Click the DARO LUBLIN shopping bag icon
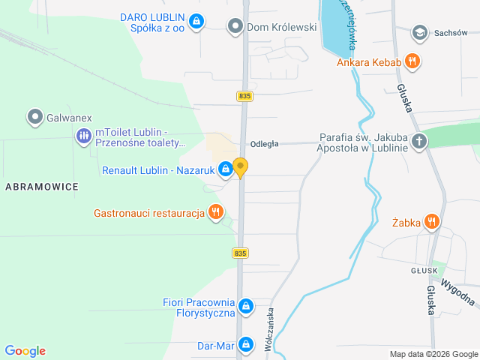click(196, 21)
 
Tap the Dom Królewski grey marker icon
click(236, 27)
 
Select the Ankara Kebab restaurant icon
click(411, 61)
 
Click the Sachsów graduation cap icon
click(419, 32)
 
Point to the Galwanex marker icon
click(34, 116)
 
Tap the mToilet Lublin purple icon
click(83, 136)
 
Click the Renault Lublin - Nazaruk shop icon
click(225, 170)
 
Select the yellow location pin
click(240, 167)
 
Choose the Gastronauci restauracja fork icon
click(216, 213)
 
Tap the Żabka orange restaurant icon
click(431, 221)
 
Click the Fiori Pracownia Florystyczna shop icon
click(245, 306)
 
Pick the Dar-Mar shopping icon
click(245, 346)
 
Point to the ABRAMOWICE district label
click(41, 186)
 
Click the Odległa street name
click(265, 144)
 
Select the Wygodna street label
click(458, 292)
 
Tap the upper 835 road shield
click(244, 96)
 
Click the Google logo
click(25, 351)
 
